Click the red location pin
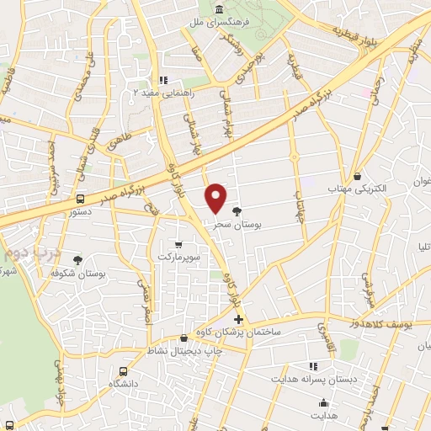[x=216, y=198]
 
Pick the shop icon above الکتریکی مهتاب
[x=359, y=177]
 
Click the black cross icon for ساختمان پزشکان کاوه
[x=239, y=319]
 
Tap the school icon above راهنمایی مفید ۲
[x=163, y=81]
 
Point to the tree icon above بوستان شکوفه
[x=78, y=261]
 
